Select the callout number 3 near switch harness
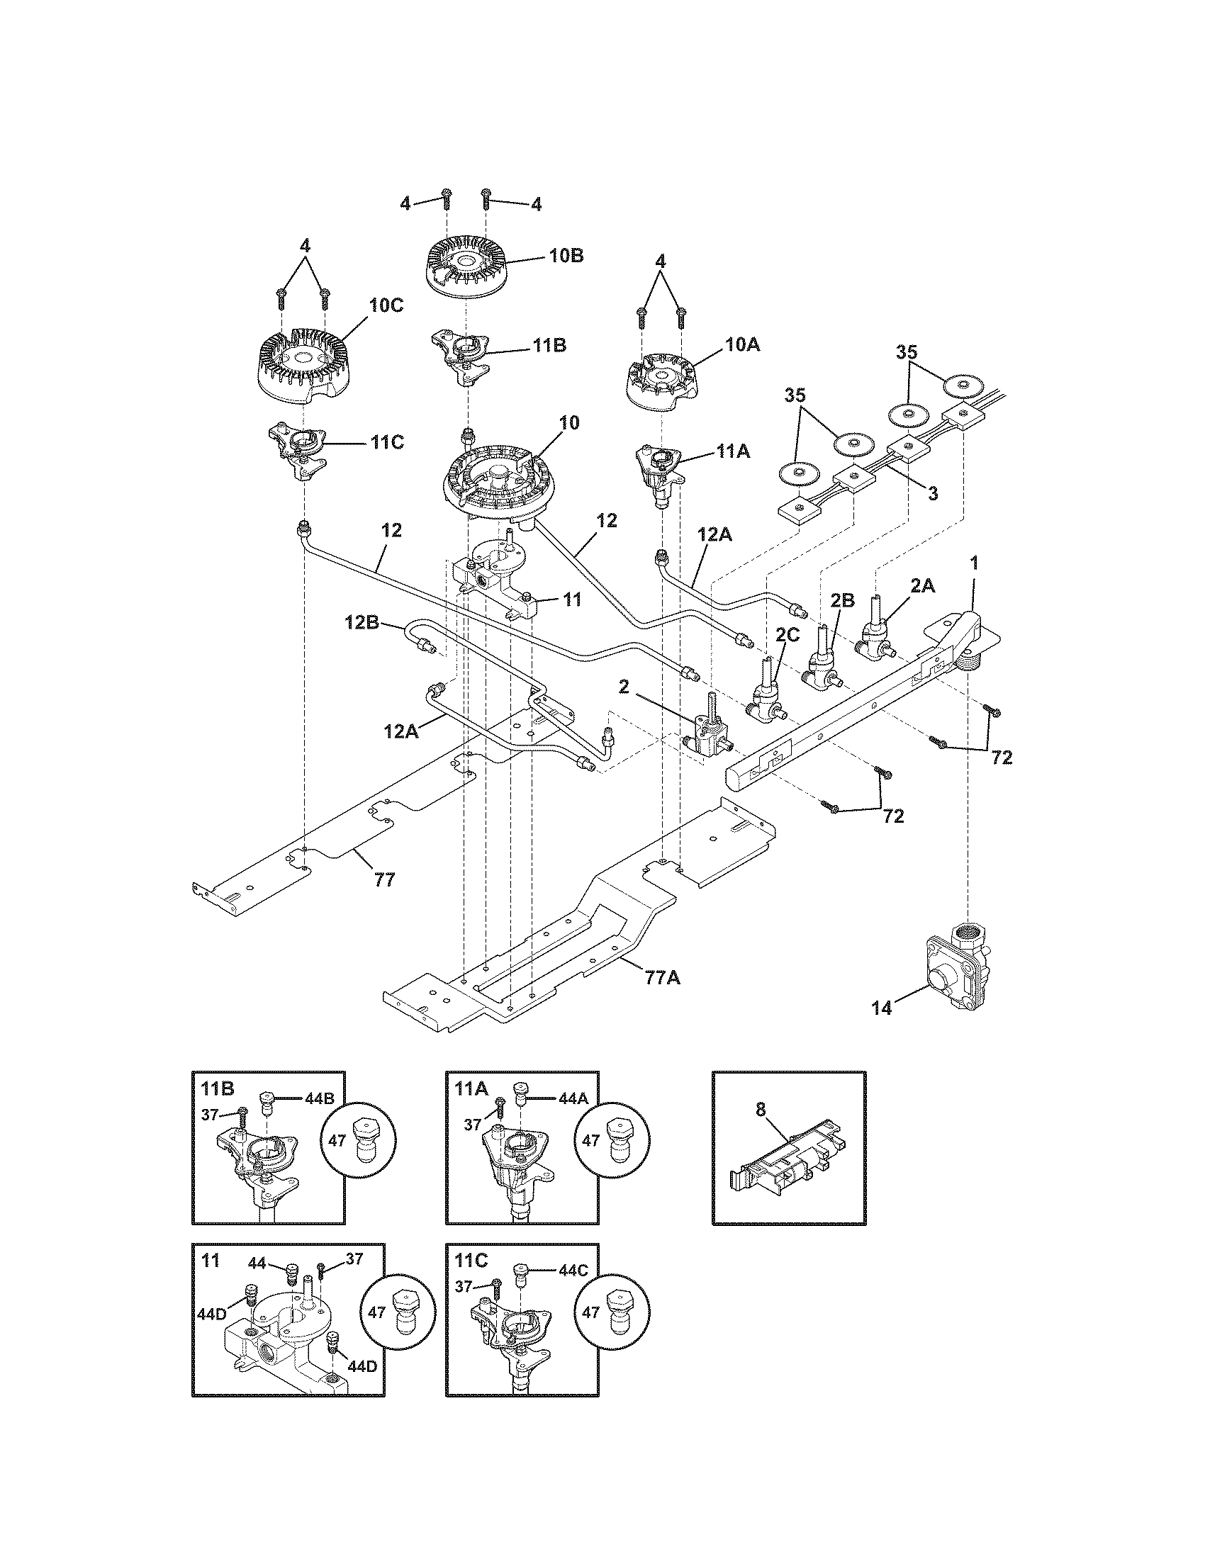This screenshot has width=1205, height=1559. (x=932, y=492)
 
